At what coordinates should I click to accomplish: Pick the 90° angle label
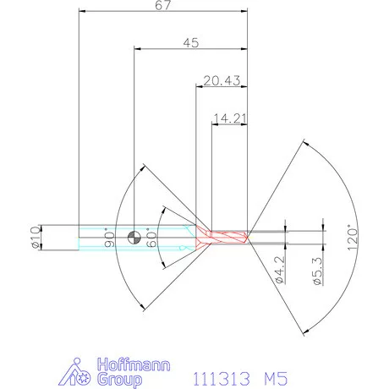tap(107, 238)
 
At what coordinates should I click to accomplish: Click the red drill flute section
tap(223, 238)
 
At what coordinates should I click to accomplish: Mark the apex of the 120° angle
tap(249, 238)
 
